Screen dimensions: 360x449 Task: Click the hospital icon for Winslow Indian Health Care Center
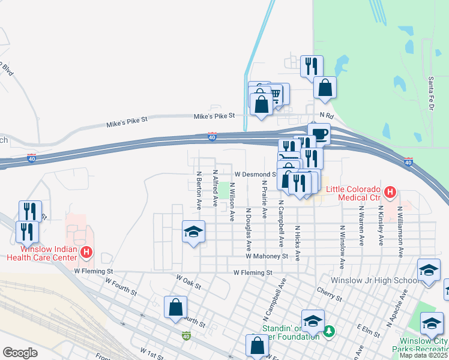tap(86, 253)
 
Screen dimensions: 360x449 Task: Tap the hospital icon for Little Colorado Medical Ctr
tap(390, 193)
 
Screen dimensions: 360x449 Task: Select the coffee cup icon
tap(319, 133)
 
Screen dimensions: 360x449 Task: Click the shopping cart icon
tap(276, 94)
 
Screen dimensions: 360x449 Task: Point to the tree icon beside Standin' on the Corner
tap(328, 331)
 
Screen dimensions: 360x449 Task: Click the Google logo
tap(20, 353)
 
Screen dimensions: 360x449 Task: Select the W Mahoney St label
tap(267, 256)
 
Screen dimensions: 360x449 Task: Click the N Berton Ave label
tap(199, 190)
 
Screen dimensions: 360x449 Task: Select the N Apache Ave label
tap(397, 308)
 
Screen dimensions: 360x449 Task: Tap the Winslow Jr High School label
tap(375, 281)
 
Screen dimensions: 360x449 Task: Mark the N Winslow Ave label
tap(342, 247)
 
